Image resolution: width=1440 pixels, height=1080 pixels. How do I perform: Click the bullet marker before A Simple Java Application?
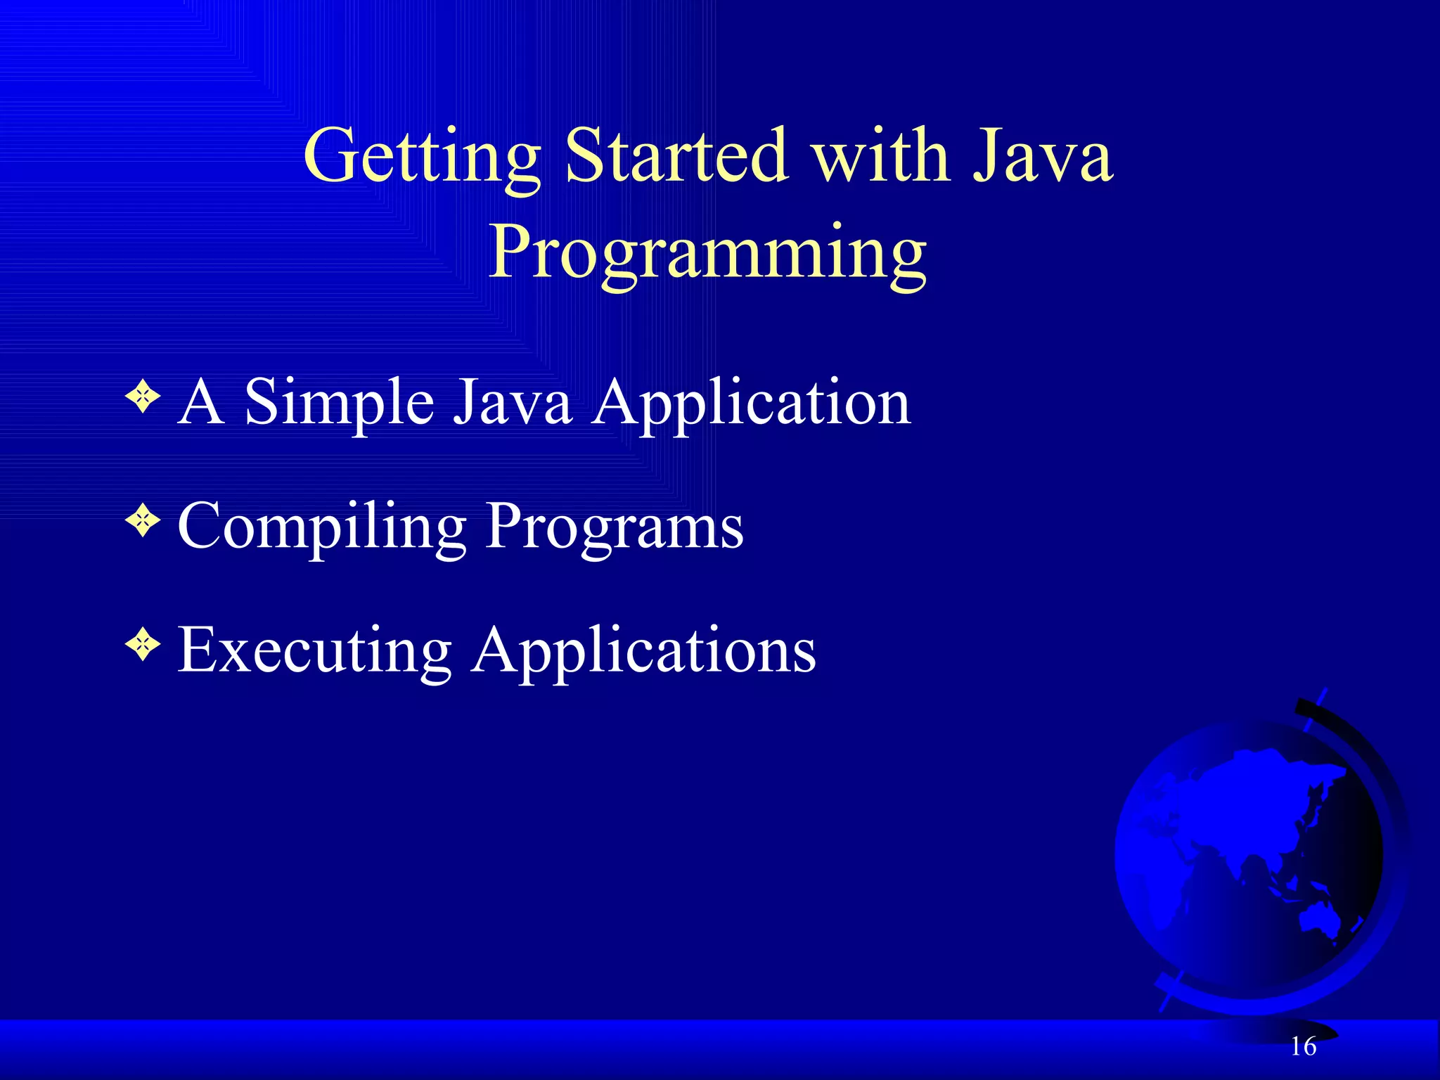143,399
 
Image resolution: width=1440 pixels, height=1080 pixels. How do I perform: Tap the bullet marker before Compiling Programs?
143,523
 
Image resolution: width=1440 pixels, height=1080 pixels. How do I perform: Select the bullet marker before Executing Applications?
143,647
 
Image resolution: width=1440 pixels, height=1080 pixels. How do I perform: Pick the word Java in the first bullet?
512,402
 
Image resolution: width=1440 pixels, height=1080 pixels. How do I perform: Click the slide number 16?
1303,1047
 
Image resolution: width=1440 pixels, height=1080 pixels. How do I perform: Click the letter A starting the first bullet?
201,402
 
